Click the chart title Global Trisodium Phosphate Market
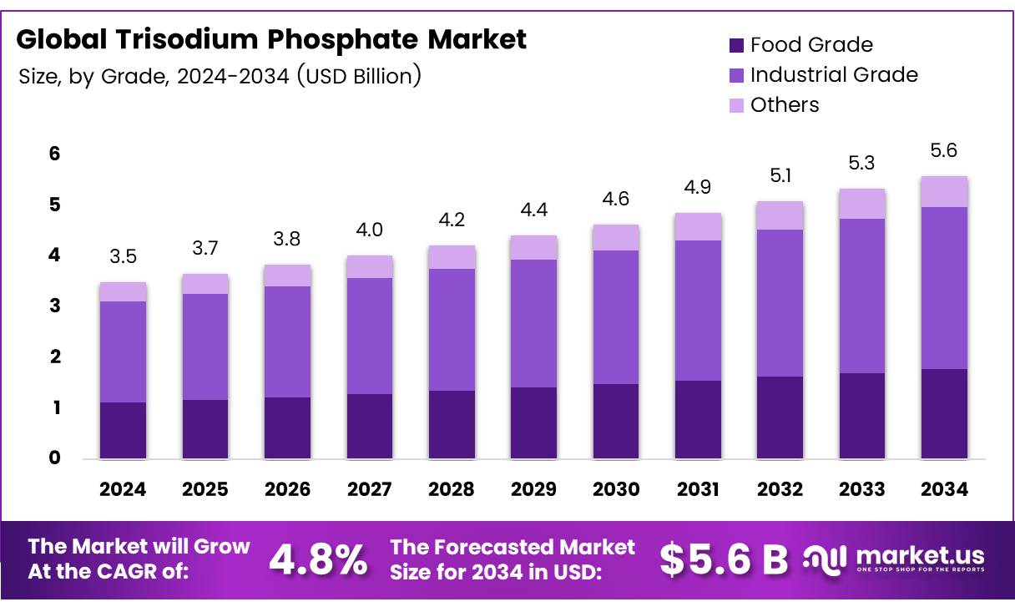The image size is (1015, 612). point(271,39)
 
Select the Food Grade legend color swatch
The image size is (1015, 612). point(736,45)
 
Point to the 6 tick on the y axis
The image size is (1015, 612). point(54,154)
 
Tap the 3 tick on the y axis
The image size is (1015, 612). point(54,306)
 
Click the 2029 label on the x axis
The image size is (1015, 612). point(534,490)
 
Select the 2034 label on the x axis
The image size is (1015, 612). point(944,490)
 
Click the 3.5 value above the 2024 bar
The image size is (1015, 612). point(123,257)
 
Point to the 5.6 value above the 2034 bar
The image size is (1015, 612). point(943,151)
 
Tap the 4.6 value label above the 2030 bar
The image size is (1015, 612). point(615,200)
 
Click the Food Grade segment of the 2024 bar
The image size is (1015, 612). point(123,430)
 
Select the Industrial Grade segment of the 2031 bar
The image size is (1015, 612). point(698,311)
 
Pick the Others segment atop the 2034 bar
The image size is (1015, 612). point(944,191)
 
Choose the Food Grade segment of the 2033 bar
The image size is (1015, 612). point(862,416)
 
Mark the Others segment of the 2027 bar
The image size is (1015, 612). point(369,267)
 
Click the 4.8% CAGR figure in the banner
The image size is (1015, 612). point(317,559)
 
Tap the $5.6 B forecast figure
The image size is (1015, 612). point(723,559)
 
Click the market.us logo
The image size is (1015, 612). point(893,559)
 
